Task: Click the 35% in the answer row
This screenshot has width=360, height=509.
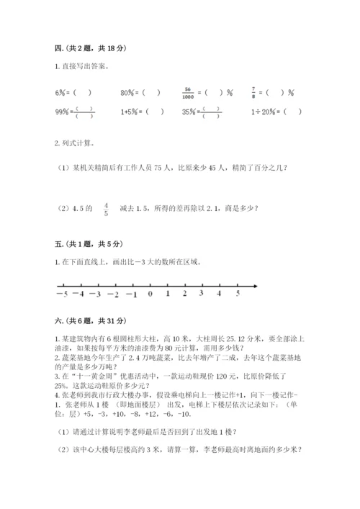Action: tap(190, 112)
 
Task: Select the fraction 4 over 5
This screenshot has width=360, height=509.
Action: tap(107, 210)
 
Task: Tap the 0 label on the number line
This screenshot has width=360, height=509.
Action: tap(150, 294)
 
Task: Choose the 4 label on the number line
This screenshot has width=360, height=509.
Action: tap(220, 294)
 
